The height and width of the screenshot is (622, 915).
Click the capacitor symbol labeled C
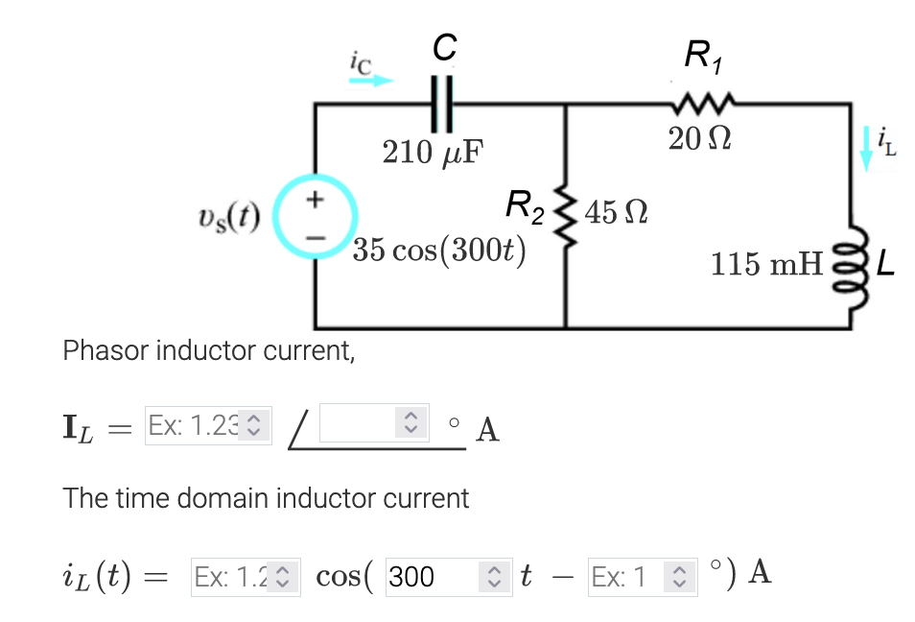tap(440, 104)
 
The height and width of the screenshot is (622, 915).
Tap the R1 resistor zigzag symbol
tap(703, 102)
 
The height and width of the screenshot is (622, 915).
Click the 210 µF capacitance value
tap(433, 153)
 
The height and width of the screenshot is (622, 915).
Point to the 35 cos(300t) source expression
tap(438, 251)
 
